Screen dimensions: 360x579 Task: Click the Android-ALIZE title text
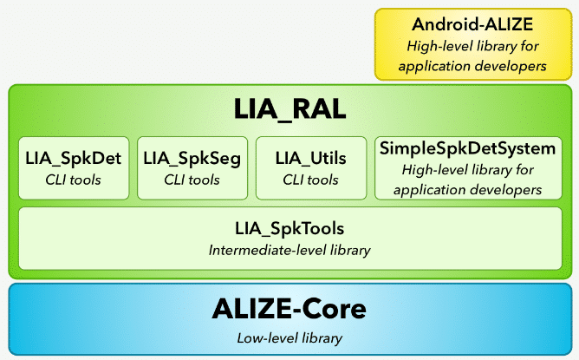coord(472,24)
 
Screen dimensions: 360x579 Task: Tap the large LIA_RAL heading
coord(289,111)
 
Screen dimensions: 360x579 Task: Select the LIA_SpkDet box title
coord(74,159)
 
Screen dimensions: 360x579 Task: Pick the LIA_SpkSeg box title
coord(192,159)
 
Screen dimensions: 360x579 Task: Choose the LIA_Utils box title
coord(310,159)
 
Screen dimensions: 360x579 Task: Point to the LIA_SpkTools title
coord(289,230)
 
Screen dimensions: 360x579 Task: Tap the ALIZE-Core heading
coord(289,308)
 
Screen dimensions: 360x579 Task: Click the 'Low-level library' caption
coord(289,337)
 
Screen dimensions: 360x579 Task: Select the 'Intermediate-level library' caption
coord(289,251)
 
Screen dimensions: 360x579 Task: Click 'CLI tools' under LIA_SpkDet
coord(74,180)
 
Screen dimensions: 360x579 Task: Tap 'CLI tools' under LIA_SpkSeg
coord(192,180)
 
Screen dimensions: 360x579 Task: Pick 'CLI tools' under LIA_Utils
coord(310,180)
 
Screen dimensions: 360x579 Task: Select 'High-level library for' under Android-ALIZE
coord(472,45)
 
